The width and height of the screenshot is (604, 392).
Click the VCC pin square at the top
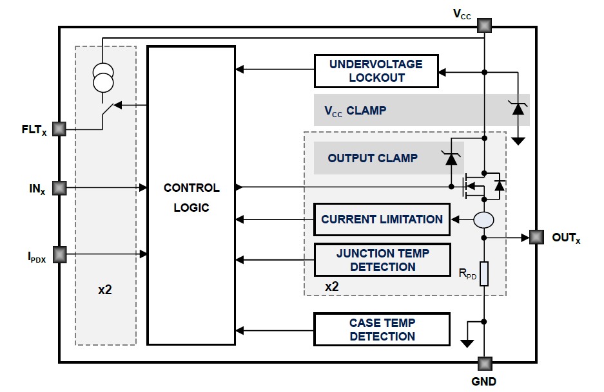click(x=484, y=26)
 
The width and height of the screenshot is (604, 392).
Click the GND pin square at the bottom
click(x=484, y=363)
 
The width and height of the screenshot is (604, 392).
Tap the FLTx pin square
click(x=59, y=129)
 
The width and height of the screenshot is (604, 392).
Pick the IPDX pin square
click(x=59, y=254)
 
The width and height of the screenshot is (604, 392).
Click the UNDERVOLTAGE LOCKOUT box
click(x=376, y=71)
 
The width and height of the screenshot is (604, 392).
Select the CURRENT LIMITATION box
click(x=382, y=219)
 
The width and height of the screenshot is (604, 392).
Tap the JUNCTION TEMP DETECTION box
click(x=382, y=259)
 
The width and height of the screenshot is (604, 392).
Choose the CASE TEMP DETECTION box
click(x=382, y=329)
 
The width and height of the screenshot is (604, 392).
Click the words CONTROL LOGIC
click(x=191, y=198)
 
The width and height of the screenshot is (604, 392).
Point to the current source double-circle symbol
click(x=102, y=77)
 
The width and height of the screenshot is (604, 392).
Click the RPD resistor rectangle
click(x=484, y=274)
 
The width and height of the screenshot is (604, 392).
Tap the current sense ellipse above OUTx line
click(x=484, y=220)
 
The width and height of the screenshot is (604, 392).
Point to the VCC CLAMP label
click(x=355, y=110)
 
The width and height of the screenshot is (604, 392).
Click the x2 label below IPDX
click(x=105, y=290)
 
